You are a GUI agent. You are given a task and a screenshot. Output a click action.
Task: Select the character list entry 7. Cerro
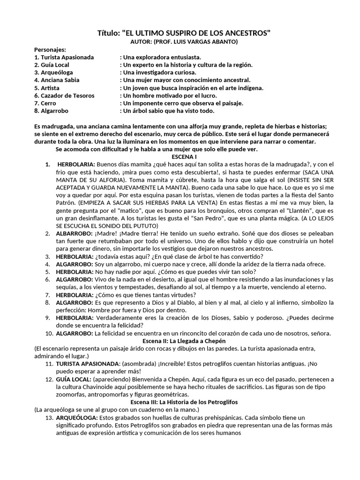pyautogui.click(x=45, y=103)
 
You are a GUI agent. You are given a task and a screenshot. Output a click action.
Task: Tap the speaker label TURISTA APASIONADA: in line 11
pyautogui.click(x=88, y=364)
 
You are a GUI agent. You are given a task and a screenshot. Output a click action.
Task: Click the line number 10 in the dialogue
pyautogui.click(x=49, y=333)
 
